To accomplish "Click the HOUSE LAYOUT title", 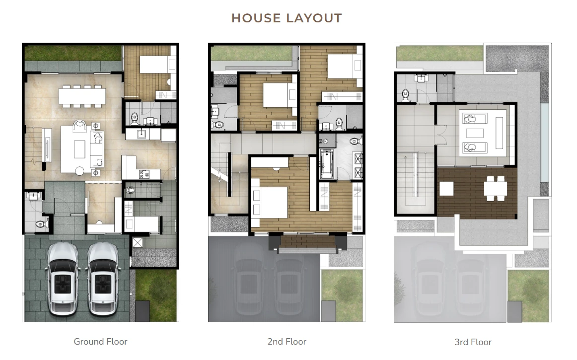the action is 287,18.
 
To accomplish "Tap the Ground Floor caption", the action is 100,342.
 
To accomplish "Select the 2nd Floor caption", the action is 287,342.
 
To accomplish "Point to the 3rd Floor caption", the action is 473,342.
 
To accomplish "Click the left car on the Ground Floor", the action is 63,279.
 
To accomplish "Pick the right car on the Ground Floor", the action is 103,279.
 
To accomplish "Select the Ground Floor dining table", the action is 82,96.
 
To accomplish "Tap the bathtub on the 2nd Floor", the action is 327,164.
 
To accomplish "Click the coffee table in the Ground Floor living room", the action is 80,149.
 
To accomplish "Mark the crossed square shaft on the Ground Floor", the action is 137,243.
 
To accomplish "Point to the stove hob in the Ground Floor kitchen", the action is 144,174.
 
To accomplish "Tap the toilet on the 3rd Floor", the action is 405,95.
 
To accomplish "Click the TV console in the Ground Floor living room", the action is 47,145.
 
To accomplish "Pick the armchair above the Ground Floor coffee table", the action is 79,126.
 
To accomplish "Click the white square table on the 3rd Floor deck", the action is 446,189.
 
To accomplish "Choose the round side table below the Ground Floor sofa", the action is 79,171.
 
